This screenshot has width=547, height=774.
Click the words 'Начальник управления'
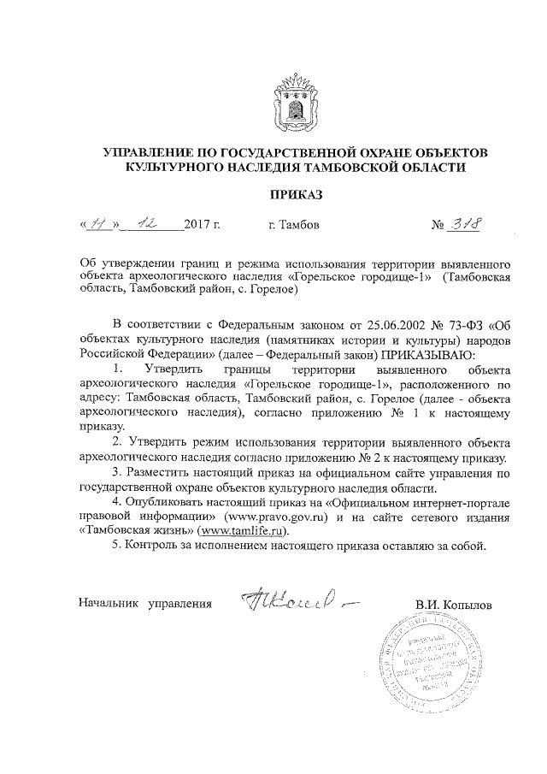coord(144,605)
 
